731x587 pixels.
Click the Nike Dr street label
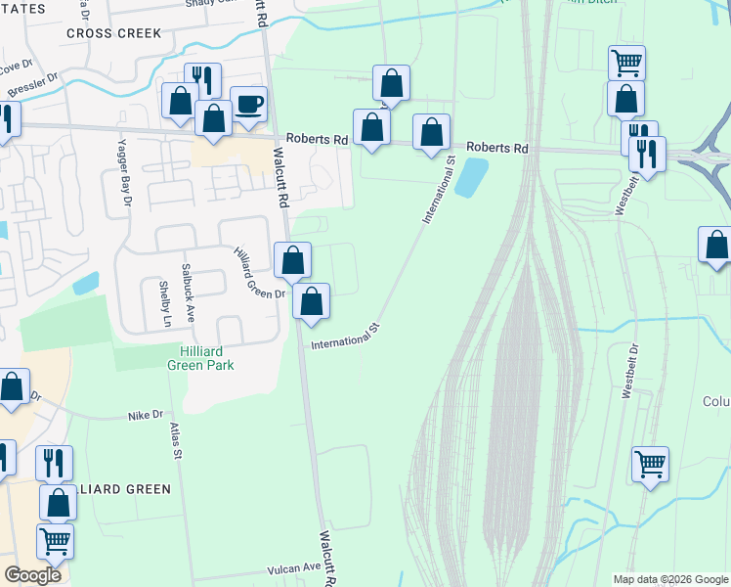click(145, 416)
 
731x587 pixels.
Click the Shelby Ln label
click(166, 304)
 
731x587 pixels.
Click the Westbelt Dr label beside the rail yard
click(629, 371)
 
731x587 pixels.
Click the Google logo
click(33, 575)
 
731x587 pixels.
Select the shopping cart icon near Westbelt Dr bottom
click(650, 464)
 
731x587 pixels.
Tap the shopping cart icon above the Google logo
click(55, 539)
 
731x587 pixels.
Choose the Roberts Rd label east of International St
click(496, 148)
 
